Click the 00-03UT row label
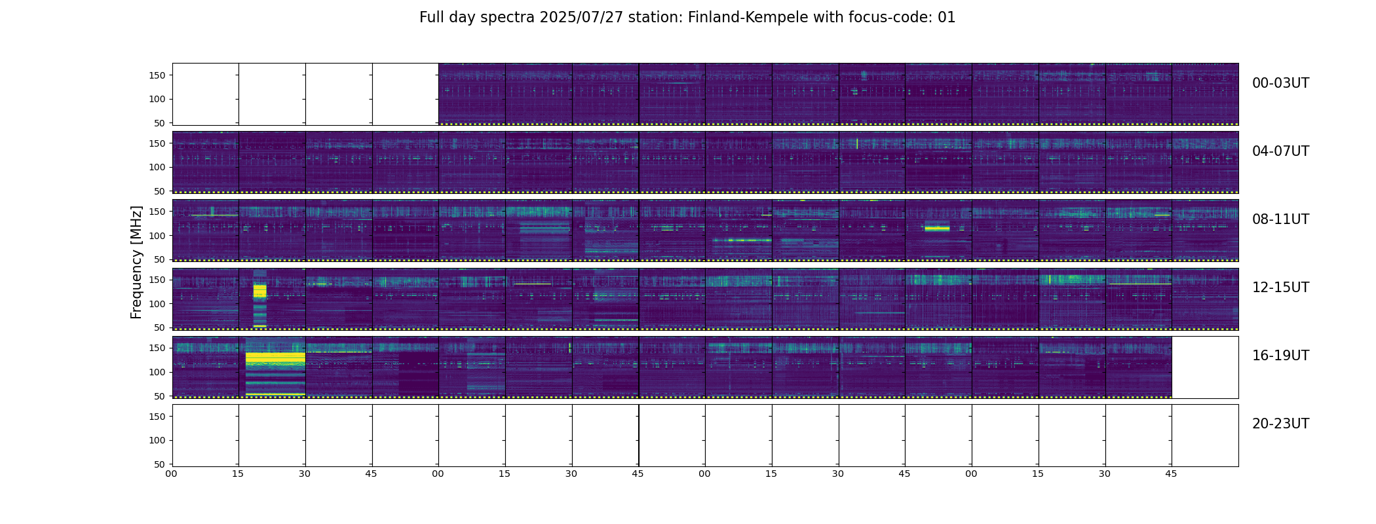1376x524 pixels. pos(1280,83)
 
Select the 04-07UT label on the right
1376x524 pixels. pos(1280,151)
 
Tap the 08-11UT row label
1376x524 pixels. pos(1280,219)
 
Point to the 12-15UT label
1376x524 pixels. pos(1280,288)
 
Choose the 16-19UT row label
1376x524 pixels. pos(1280,356)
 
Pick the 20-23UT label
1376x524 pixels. pos(1280,424)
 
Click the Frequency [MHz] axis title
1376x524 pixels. pos(136,262)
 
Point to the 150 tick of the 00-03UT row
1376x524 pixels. pos(157,75)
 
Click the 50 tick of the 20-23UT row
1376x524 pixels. pos(160,464)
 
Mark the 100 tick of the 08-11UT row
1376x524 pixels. pos(157,236)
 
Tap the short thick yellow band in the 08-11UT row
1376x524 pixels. pos(937,228)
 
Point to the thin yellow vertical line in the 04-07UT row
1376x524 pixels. pos(857,143)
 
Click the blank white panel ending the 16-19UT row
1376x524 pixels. pos(1205,367)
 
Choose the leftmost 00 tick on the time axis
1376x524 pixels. pos(172,474)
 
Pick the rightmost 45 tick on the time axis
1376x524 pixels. pos(1172,474)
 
